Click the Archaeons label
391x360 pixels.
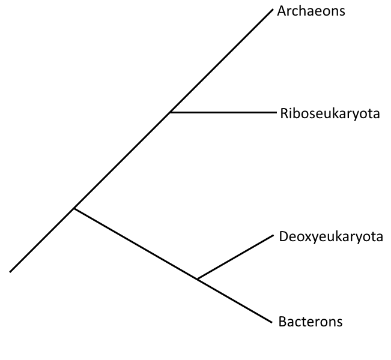311,11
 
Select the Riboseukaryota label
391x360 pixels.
330,113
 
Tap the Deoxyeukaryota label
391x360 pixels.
331,236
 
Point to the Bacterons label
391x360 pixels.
311,322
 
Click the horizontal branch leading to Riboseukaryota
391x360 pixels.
222,112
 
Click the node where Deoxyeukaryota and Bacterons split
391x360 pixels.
198,279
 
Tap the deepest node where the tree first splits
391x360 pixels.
74,208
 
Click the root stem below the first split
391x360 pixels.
42,240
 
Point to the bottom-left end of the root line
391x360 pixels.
11,271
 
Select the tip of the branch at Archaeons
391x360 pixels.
272,10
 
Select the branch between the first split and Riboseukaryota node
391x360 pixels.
122,160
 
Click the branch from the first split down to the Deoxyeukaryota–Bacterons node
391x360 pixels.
136,244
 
